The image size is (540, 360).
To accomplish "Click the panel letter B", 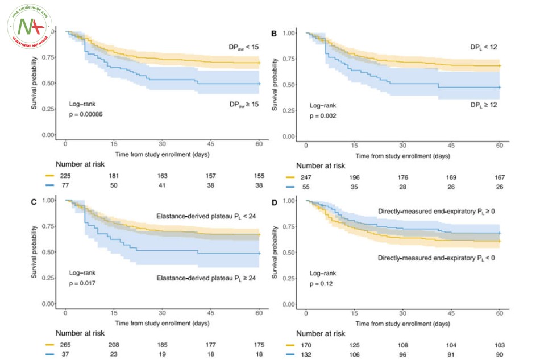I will (274, 34).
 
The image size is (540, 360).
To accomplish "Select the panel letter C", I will (34, 201).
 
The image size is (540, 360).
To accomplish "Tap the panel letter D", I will (274, 201).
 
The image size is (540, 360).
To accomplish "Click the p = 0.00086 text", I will (86, 114).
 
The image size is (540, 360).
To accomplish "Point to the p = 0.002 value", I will (323, 116).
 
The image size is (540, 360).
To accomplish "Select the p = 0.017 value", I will (84, 283).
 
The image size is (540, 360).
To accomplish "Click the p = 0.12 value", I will (322, 283).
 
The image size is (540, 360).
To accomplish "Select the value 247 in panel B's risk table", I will (306, 177).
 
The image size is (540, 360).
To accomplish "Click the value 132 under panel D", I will (306, 355).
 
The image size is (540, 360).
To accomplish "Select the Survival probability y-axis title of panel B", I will (275, 85).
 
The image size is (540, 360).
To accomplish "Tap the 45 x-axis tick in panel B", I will (452, 146).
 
